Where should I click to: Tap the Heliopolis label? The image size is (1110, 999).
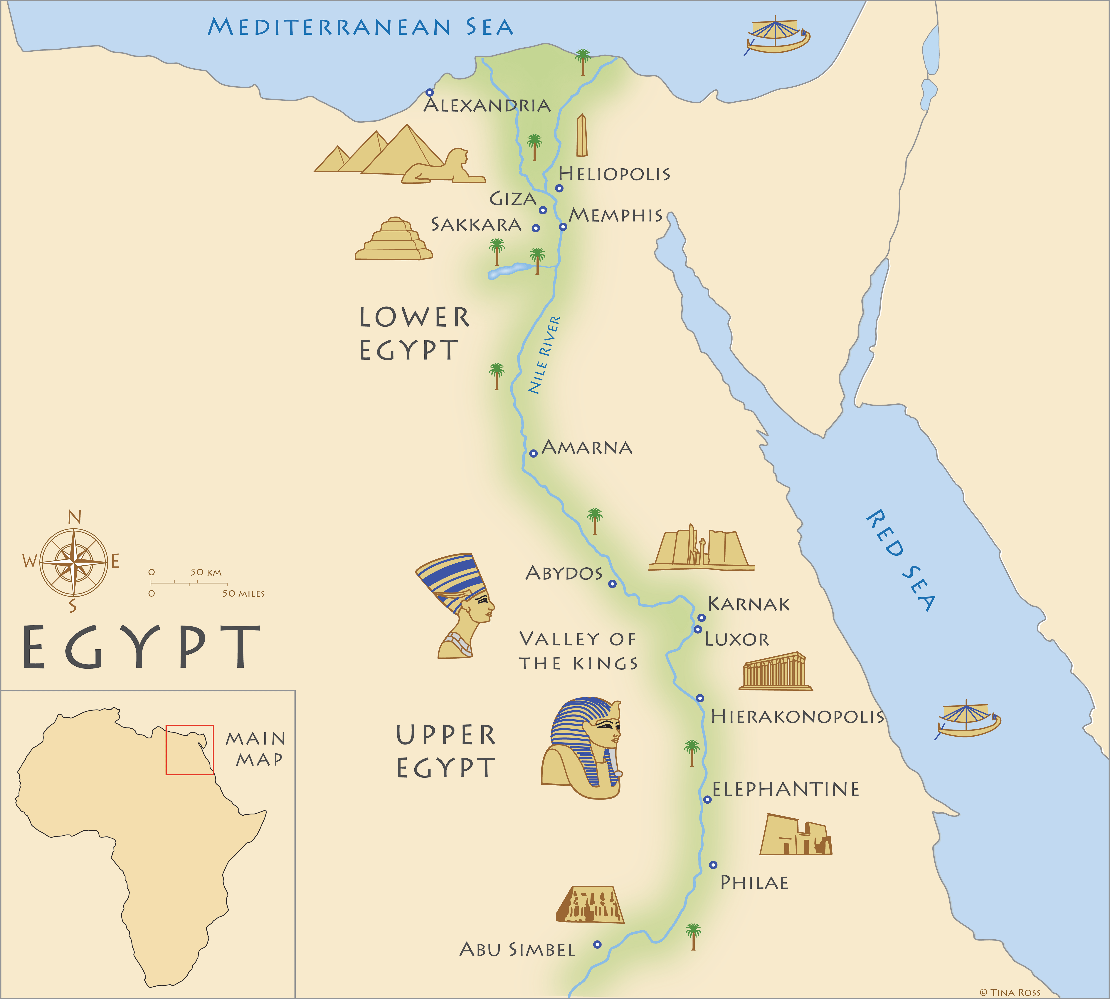coord(614,174)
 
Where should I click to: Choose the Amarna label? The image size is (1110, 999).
coord(587,448)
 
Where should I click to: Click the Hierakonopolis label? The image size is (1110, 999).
coord(797,716)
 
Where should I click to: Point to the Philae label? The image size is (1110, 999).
coord(754,883)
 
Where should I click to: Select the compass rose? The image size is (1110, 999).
coord(74,563)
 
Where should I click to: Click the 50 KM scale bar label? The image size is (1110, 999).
coord(206,572)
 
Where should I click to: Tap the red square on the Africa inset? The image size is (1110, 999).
coord(190,750)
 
